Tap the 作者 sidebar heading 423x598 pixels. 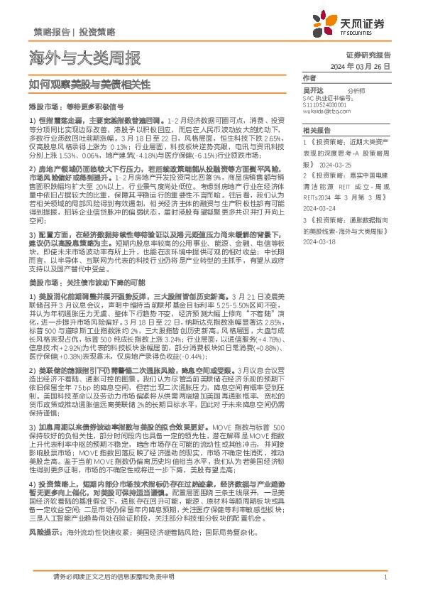[309, 77]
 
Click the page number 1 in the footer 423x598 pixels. [384, 577]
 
